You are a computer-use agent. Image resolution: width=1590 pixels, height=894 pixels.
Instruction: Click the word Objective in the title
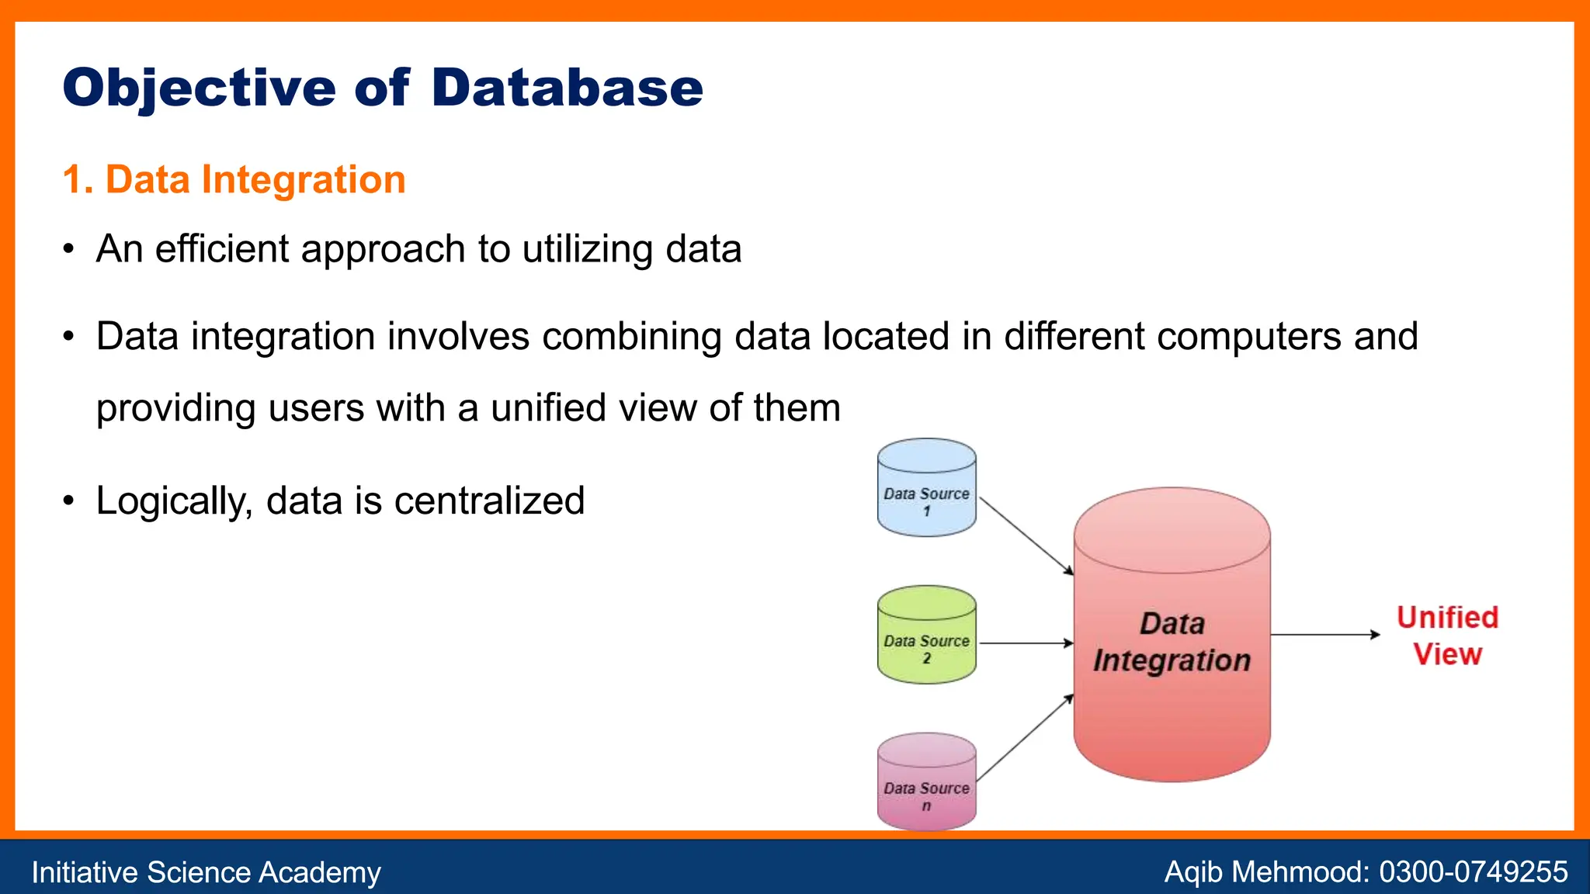pyautogui.click(x=199, y=88)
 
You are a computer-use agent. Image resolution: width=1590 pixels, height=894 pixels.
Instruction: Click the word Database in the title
pyautogui.click(x=567, y=88)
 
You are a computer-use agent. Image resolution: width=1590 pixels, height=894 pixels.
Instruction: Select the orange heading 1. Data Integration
pyautogui.click(x=234, y=179)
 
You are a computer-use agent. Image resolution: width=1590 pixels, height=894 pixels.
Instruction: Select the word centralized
pyautogui.click(x=488, y=501)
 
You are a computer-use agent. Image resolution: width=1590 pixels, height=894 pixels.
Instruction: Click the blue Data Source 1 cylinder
pyautogui.click(x=926, y=488)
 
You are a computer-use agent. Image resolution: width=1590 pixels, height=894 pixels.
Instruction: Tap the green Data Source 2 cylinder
pyautogui.click(x=926, y=635)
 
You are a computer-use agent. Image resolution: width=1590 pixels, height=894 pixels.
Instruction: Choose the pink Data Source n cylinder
pyautogui.click(x=926, y=782)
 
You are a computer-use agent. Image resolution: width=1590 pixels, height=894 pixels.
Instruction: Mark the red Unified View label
pyautogui.click(x=1447, y=636)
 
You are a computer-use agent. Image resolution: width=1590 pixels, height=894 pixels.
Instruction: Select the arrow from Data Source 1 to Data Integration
pyautogui.click(x=1026, y=535)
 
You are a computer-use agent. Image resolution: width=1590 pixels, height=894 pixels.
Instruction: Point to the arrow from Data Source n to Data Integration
pyautogui.click(x=1025, y=738)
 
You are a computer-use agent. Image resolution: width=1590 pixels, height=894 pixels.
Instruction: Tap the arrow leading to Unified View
pyautogui.click(x=1324, y=635)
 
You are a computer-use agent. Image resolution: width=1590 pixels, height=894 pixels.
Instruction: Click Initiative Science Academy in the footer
pyautogui.click(x=206, y=872)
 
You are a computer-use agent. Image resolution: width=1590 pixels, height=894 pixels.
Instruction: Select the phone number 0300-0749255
pyautogui.click(x=1473, y=872)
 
